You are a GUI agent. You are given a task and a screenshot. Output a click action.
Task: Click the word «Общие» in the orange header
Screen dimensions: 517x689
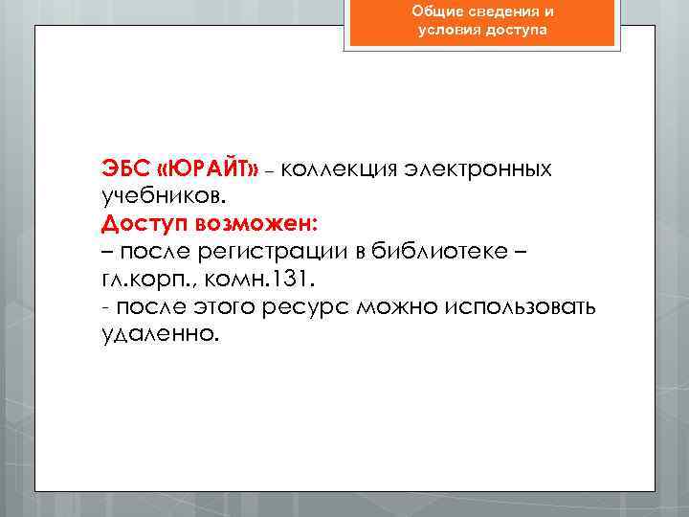pyautogui.click(x=435, y=11)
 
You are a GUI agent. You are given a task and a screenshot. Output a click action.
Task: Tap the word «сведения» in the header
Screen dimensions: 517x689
pyautogui.click(x=500, y=11)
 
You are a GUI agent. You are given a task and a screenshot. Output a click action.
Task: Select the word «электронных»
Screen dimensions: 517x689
pyautogui.click(x=484, y=169)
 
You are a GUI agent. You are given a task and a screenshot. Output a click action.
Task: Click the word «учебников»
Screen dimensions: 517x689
pyautogui.click(x=164, y=197)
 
